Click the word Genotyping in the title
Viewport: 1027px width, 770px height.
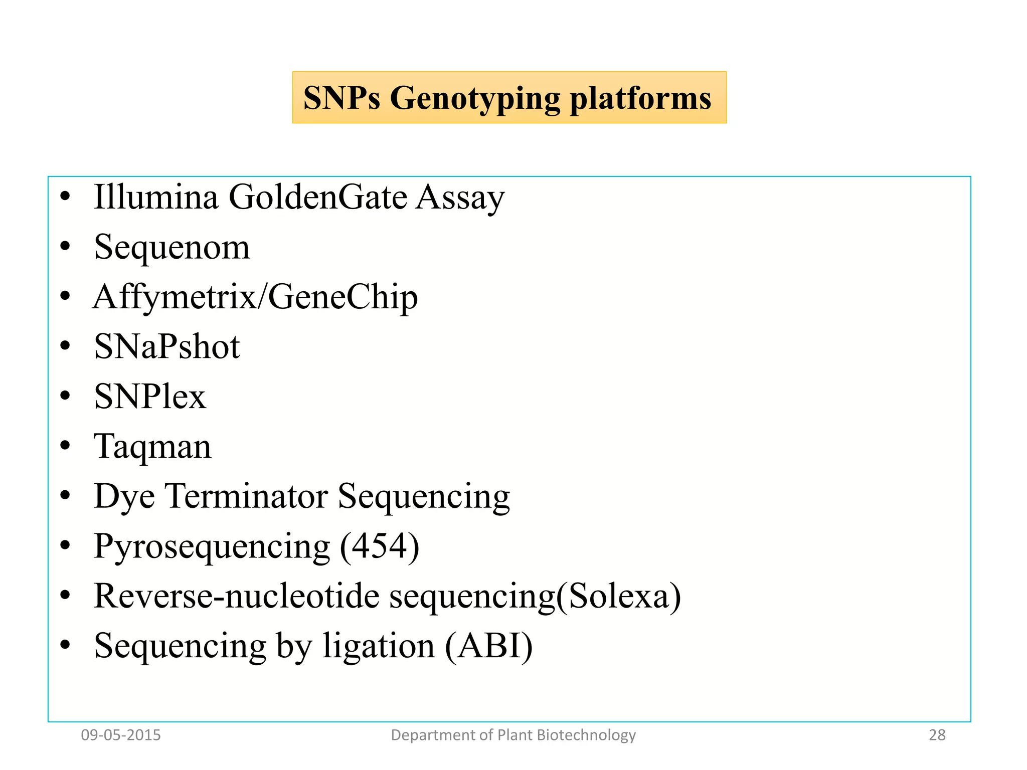tap(474, 98)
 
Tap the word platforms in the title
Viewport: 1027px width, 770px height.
tap(640, 98)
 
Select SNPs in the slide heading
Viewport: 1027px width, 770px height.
tap(341, 98)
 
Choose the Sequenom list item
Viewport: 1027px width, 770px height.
tap(172, 247)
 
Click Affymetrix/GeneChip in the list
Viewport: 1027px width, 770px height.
tap(255, 297)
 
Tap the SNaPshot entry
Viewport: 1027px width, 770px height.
tap(167, 346)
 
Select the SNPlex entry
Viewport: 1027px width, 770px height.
tap(150, 397)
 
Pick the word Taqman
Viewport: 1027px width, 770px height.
tap(152, 447)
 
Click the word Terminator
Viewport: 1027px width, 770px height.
tap(247, 496)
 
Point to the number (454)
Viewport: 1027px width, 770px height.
tap(379, 546)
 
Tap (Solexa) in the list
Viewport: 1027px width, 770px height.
tap(618, 596)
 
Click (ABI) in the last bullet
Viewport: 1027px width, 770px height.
tap(489, 646)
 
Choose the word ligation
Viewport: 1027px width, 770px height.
tap(379, 647)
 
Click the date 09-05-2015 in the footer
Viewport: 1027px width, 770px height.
tap(121, 735)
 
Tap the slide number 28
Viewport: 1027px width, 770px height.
tap(937, 735)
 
